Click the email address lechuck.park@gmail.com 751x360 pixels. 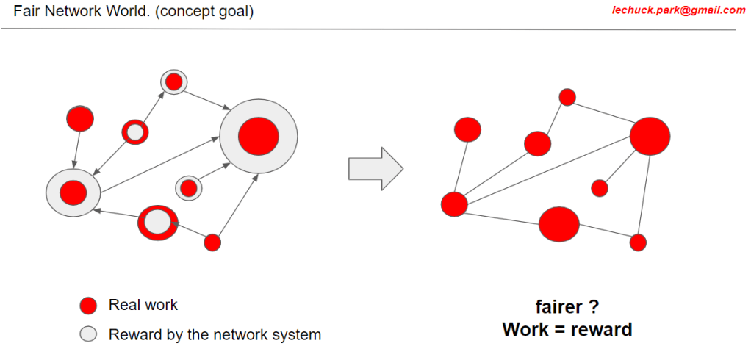tap(678, 10)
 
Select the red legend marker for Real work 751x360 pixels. tap(88, 306)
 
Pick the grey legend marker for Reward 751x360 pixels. tap(88, 335)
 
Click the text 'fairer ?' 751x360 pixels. tap(567, 307)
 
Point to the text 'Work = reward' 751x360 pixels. tap(567, 329)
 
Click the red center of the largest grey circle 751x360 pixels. tap(259, 136)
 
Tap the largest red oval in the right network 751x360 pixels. tap(650, 136)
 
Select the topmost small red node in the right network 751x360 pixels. tap(567, 97)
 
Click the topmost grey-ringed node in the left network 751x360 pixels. tap(173, 82)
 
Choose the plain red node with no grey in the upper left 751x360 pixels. tap(79, 118)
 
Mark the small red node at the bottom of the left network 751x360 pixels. tap(212, 242)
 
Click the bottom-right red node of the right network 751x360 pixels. tap(638, 242)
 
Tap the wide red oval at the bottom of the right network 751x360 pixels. tap(559, 224)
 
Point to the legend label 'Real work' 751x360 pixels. tap(143, 305)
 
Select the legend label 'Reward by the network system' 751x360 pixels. tap(215, 335)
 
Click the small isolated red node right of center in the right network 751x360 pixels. tap(600, 188)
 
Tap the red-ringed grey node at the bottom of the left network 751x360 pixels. tap(157, 222)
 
